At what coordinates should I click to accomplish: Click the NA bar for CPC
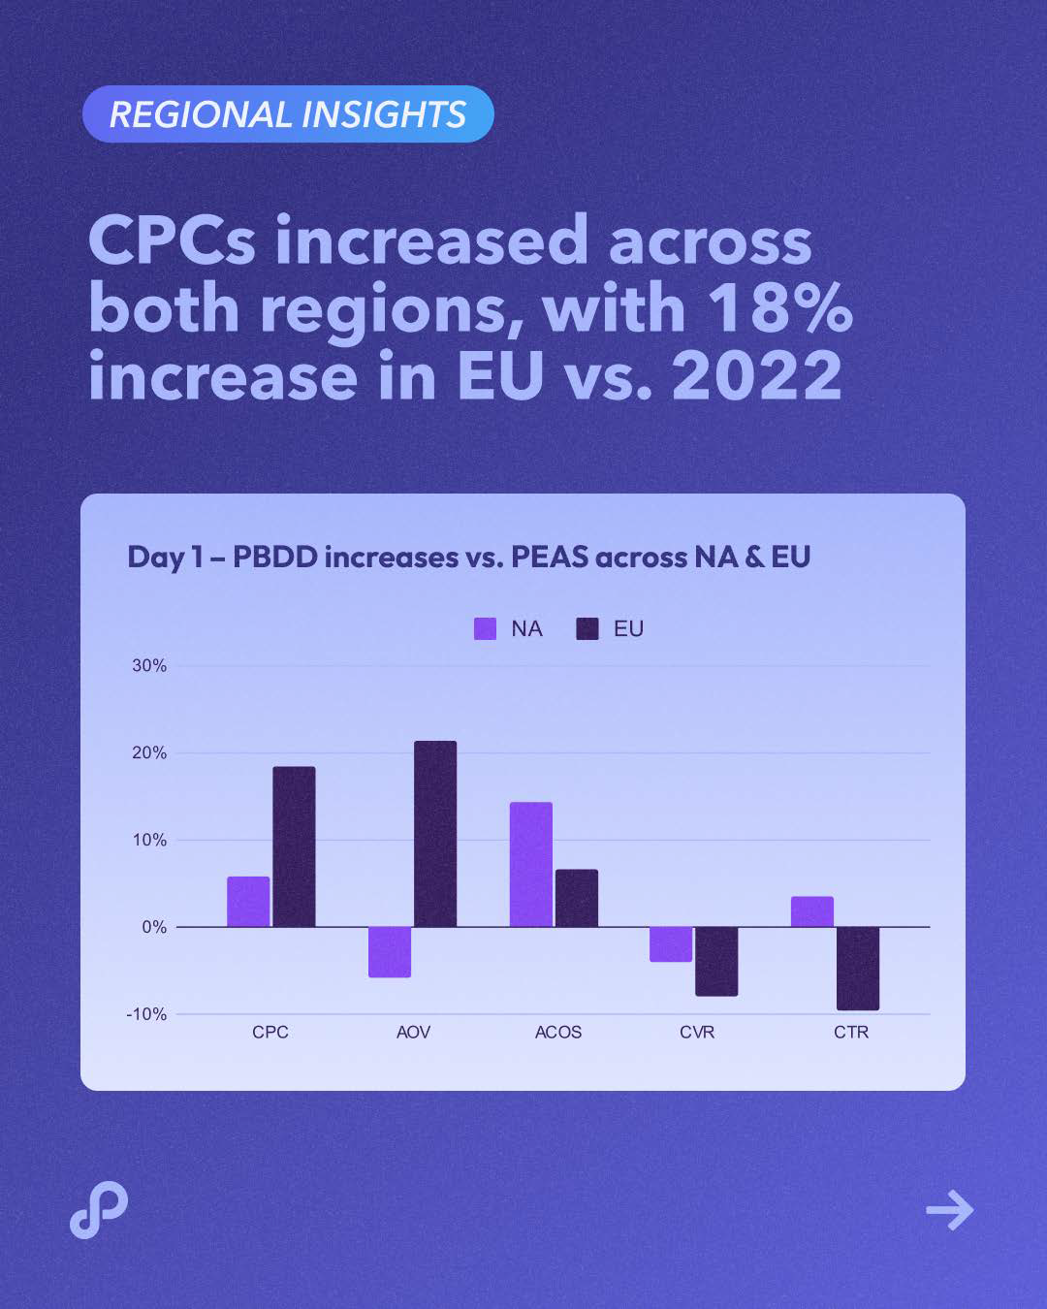[x=248, y=902]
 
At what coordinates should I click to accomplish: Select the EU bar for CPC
[x=294, y=846]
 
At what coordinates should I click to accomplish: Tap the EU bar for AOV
[x=435, y=834]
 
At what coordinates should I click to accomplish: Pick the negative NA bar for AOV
[x=390, y=951]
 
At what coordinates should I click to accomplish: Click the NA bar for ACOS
[x=531, y=864]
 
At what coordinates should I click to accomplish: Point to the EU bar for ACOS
[x=577, y=898]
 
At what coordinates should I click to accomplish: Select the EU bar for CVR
[x=716, y=961]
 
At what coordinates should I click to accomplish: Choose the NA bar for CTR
[x=812, y=911]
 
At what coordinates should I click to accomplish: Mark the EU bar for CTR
[x=858, y=968]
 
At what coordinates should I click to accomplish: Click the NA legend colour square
[x=485, y=628]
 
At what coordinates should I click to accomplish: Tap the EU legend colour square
[x=587, y=628]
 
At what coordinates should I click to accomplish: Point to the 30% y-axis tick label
[x=149, y=665]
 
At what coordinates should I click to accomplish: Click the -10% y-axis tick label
[x=146, y=1014]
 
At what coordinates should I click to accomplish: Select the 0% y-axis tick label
[x=154, y=927]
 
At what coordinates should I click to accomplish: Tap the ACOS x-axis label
[x=558, y=1032]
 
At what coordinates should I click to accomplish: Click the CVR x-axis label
[x=697, y=1032]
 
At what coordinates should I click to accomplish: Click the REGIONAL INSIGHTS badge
[x=288, y=114]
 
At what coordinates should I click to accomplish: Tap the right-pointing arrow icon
[x=949, y=1210]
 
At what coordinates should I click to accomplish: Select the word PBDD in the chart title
[x=275, y=557]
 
